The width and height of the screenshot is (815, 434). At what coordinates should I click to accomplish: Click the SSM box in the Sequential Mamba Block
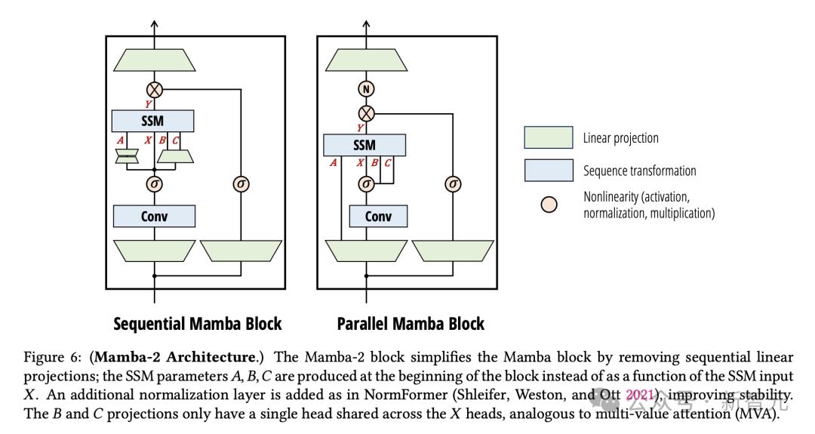pyautogui.click(x=153, y=121)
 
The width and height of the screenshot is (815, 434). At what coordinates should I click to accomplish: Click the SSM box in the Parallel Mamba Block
pyautogui.click(x=364, y=145)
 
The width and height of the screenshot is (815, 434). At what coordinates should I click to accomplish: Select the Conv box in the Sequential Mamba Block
pyautogui.click(x=154, y=216)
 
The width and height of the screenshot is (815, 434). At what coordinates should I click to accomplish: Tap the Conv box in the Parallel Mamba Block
pyautogui.click(x=378, y=216)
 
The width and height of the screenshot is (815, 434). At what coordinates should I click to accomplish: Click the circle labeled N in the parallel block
pyautogui.click(x=366, y=89)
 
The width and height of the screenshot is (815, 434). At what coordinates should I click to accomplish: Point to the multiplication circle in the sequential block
pyautogui.click(x=155, y=89)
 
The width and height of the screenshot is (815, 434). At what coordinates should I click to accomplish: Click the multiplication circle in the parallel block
pyautogui.click(x=366, y=113)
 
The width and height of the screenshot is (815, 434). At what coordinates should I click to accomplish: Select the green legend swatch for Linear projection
pyautogui.click(x=549, y=137)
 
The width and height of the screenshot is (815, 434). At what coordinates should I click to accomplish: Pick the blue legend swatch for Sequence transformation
pyautogui.click(x=549, y=171)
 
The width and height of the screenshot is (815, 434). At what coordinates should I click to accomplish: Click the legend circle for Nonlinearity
pyautogui.click(x=550, y=205)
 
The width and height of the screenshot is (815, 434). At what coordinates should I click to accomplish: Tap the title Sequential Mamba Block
pyautogui.click(x=197, y=324)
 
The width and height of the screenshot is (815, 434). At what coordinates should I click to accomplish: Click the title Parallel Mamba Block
pyautogui.click(x=411, y=324)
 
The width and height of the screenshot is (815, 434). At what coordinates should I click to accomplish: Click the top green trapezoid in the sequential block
pyautogui.click(x=155, y=60)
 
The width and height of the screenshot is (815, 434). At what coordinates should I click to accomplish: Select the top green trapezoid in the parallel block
pyautogui.click(x=366, y=60)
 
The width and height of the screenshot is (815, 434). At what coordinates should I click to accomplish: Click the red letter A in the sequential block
pyautogui.click(x=120, y=140)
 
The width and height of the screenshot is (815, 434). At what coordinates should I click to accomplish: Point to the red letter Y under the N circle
pyautogui.click(x=360, y=128)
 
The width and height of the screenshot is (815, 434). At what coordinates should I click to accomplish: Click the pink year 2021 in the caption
pyautogui.click(x=640, y=394)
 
